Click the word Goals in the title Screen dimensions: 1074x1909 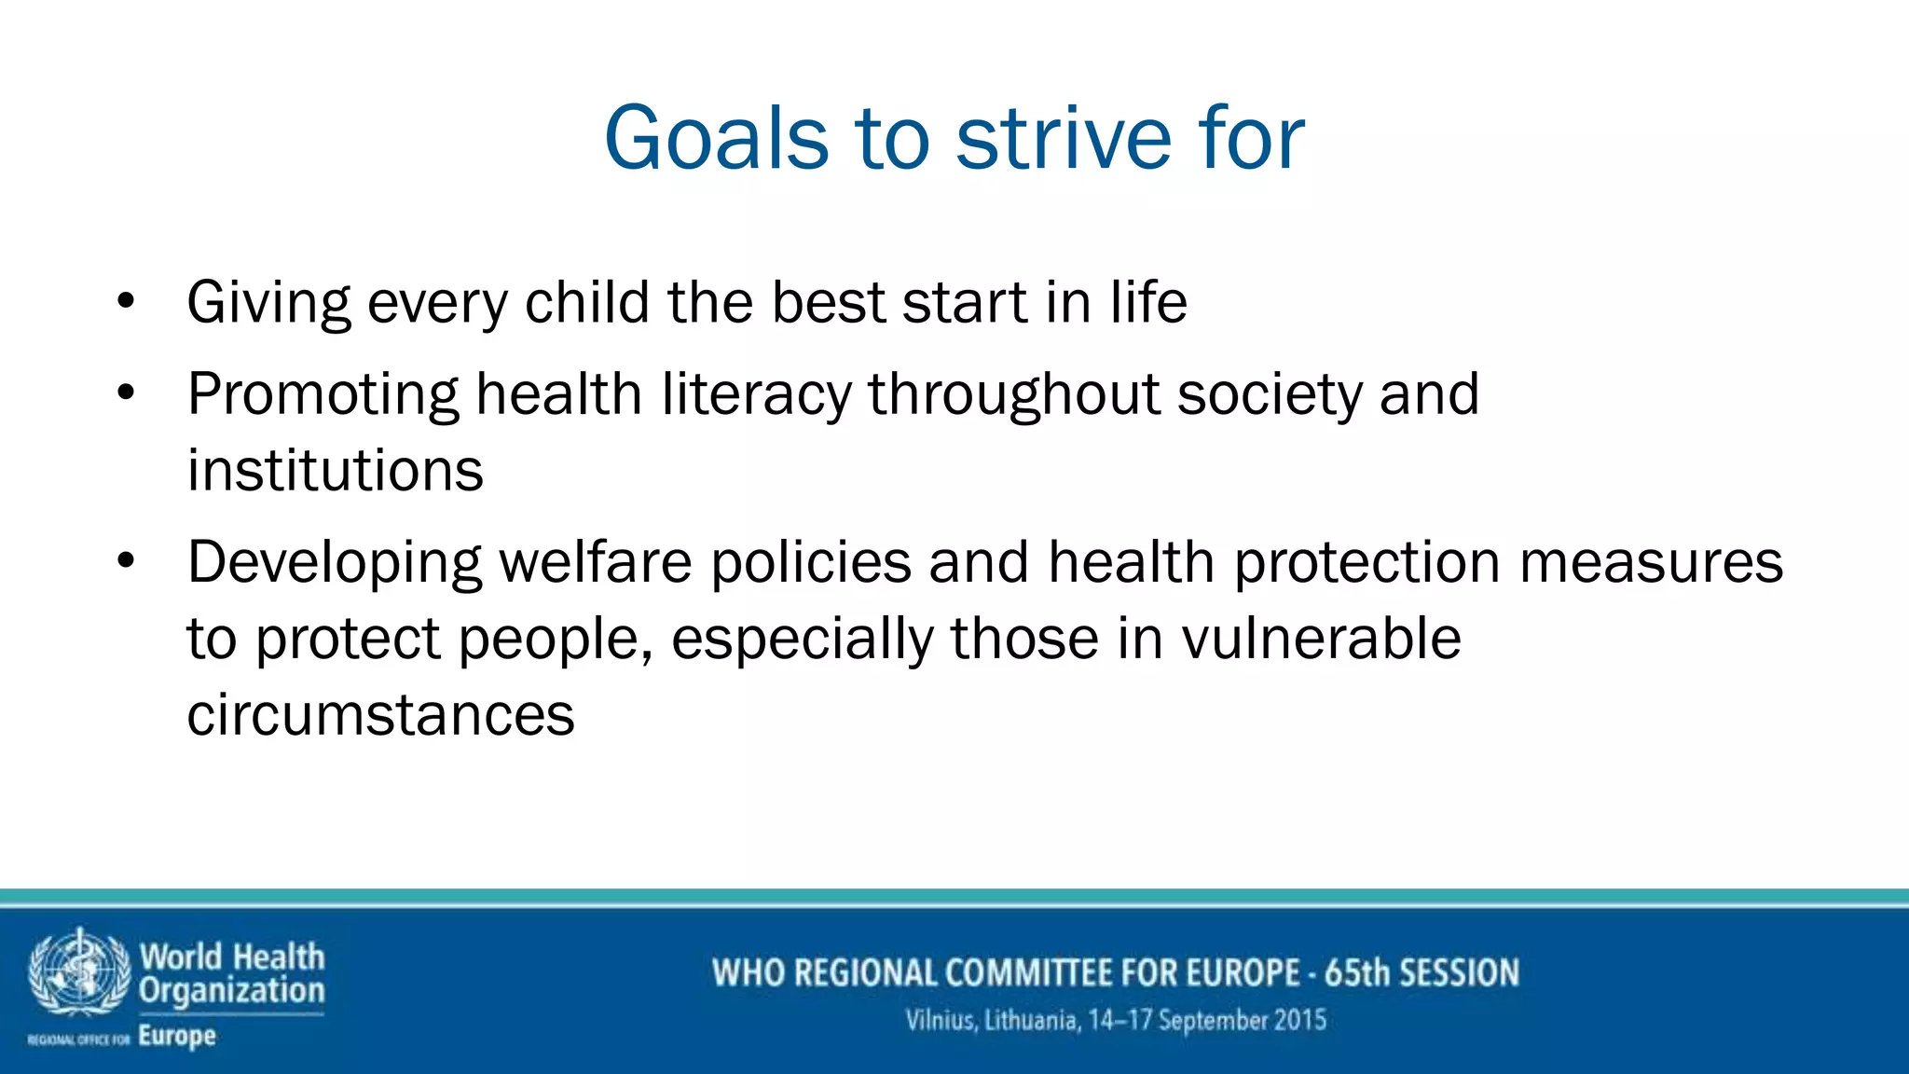[x=716, y=138]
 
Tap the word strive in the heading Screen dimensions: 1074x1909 [x=1064, y=138]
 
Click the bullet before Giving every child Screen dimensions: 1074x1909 [x=127, y=301]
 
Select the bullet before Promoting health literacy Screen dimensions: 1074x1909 [x=127, y=392]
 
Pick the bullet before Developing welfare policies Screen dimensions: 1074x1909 [x=127, y=561]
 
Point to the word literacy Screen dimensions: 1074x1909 [x=756, y=392]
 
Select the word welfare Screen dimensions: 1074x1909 [x=596, y=561]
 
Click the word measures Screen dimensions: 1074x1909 [x=1651, y=561]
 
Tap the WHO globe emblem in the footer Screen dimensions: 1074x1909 [x=79, y=971]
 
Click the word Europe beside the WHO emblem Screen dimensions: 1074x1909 [x=177, y=1036]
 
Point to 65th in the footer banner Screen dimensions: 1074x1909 [x=1357, y=972]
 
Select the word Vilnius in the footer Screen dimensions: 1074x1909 [x=941, y=1020]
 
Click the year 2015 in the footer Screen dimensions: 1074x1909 [x=1300, y=1020]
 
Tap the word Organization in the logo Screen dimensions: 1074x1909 [x=232, y=990]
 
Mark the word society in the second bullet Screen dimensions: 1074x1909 [x=1270, y=392]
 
